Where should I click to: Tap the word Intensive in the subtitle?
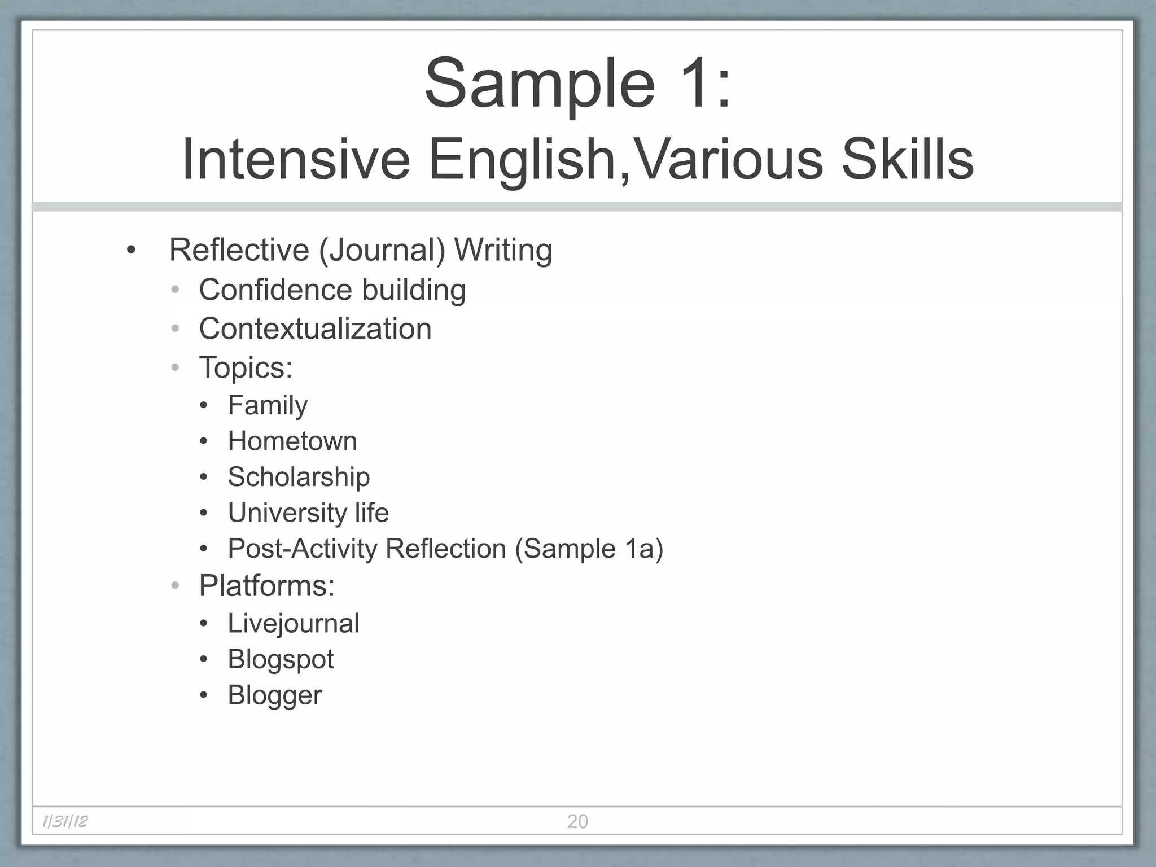(x=296, y=160)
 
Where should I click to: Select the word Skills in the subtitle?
(x=908, y=160)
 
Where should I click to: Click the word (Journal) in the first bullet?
(x=382, y=251)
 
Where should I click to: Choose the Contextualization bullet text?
(x=315, y=329)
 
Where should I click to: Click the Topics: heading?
(x=246, y=367)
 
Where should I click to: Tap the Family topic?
(x=268, y=405)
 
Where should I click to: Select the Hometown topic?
(x=292, y=441)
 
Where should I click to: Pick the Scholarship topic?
(x=299, y=477)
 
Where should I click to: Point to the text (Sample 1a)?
(x=589, y=549)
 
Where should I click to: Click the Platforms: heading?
(x=266, y=586)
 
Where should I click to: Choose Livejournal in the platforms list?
(x=294, y=624)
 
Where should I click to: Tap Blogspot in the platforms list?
(x=281, y=659)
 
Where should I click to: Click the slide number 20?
(x=577, y=821)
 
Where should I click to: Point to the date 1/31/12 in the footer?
(x=65, y=821)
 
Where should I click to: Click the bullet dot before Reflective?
(x=132, y=251)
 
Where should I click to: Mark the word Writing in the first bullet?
(x=503, y=251)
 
